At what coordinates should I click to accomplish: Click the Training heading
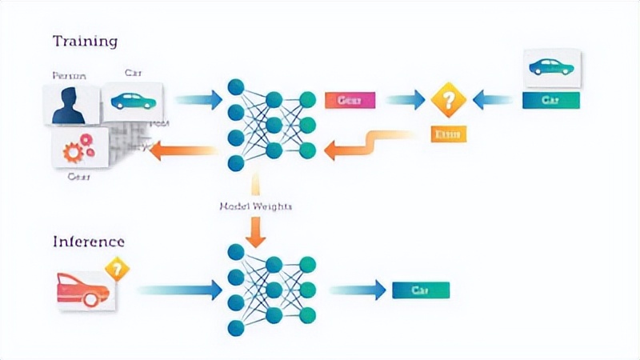(x=85, y=41)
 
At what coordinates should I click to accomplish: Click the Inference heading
(x=89, y=241)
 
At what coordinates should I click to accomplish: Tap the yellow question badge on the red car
(x=118, y=266)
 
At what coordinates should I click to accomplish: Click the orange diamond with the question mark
(x=448, y=101)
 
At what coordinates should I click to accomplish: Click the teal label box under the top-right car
(x=550, y=101)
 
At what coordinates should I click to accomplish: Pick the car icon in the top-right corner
(x=550, y=68)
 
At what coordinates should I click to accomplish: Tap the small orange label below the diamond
(x=448, y=134)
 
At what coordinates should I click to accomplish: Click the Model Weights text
(x=255, y=206)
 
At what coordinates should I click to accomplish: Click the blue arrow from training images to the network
(x=198, y=100)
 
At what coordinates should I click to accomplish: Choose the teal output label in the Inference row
(x=421, y=290)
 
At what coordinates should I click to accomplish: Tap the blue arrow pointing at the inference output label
(x=358, y=290)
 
